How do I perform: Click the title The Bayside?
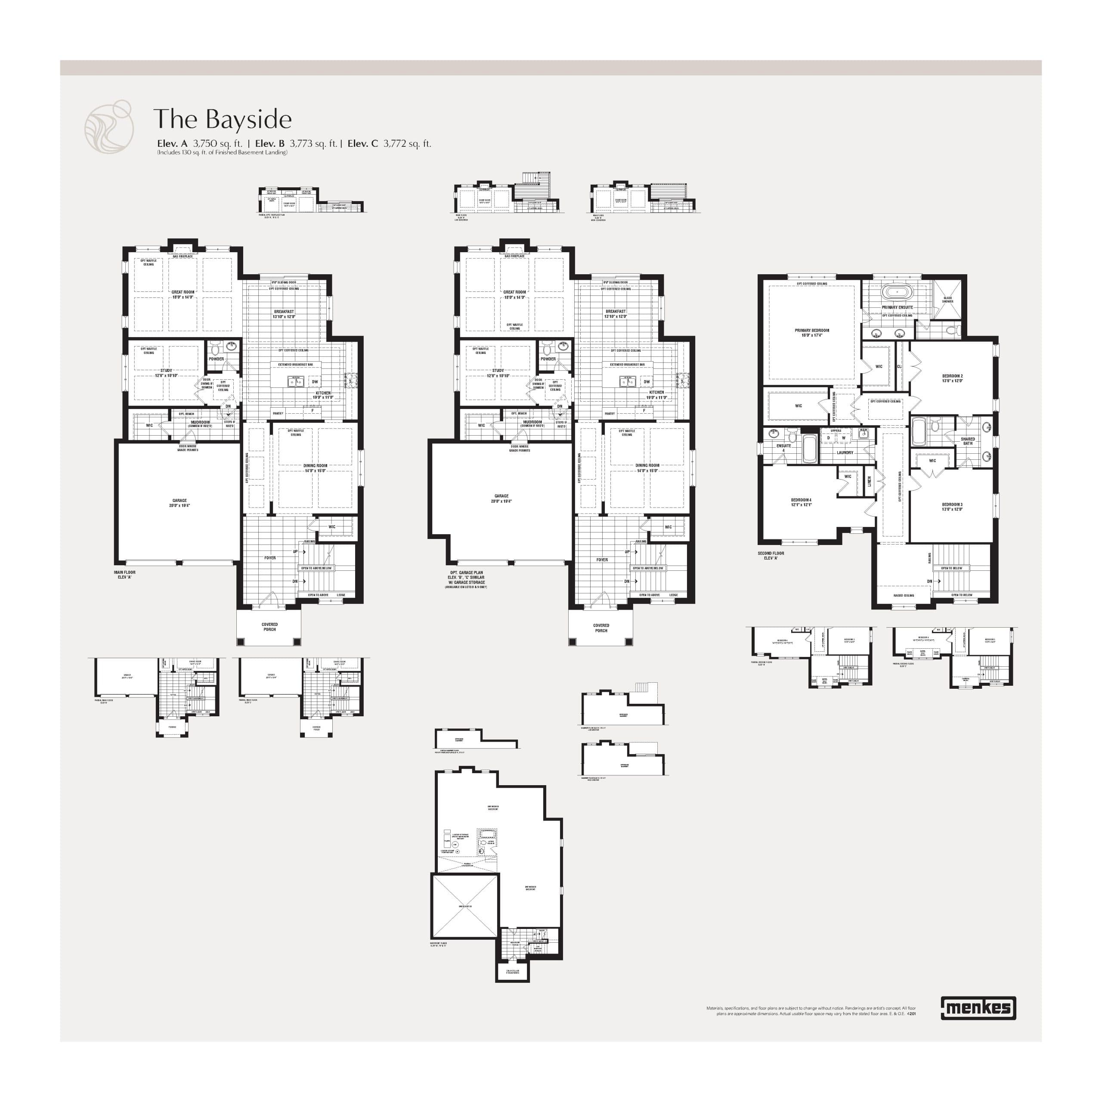point(223,119)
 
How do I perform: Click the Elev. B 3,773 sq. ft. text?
point(296,144)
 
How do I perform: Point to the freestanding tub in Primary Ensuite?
point(897,293)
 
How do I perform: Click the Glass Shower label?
point(947,300)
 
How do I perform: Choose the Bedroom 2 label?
point(952,378)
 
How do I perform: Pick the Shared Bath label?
point(967,441)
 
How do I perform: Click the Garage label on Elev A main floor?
point(180,502)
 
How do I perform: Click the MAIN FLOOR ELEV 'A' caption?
point(124,574)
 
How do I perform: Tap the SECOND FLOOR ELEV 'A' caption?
point(771,555)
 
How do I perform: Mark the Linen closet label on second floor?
point(869,482)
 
